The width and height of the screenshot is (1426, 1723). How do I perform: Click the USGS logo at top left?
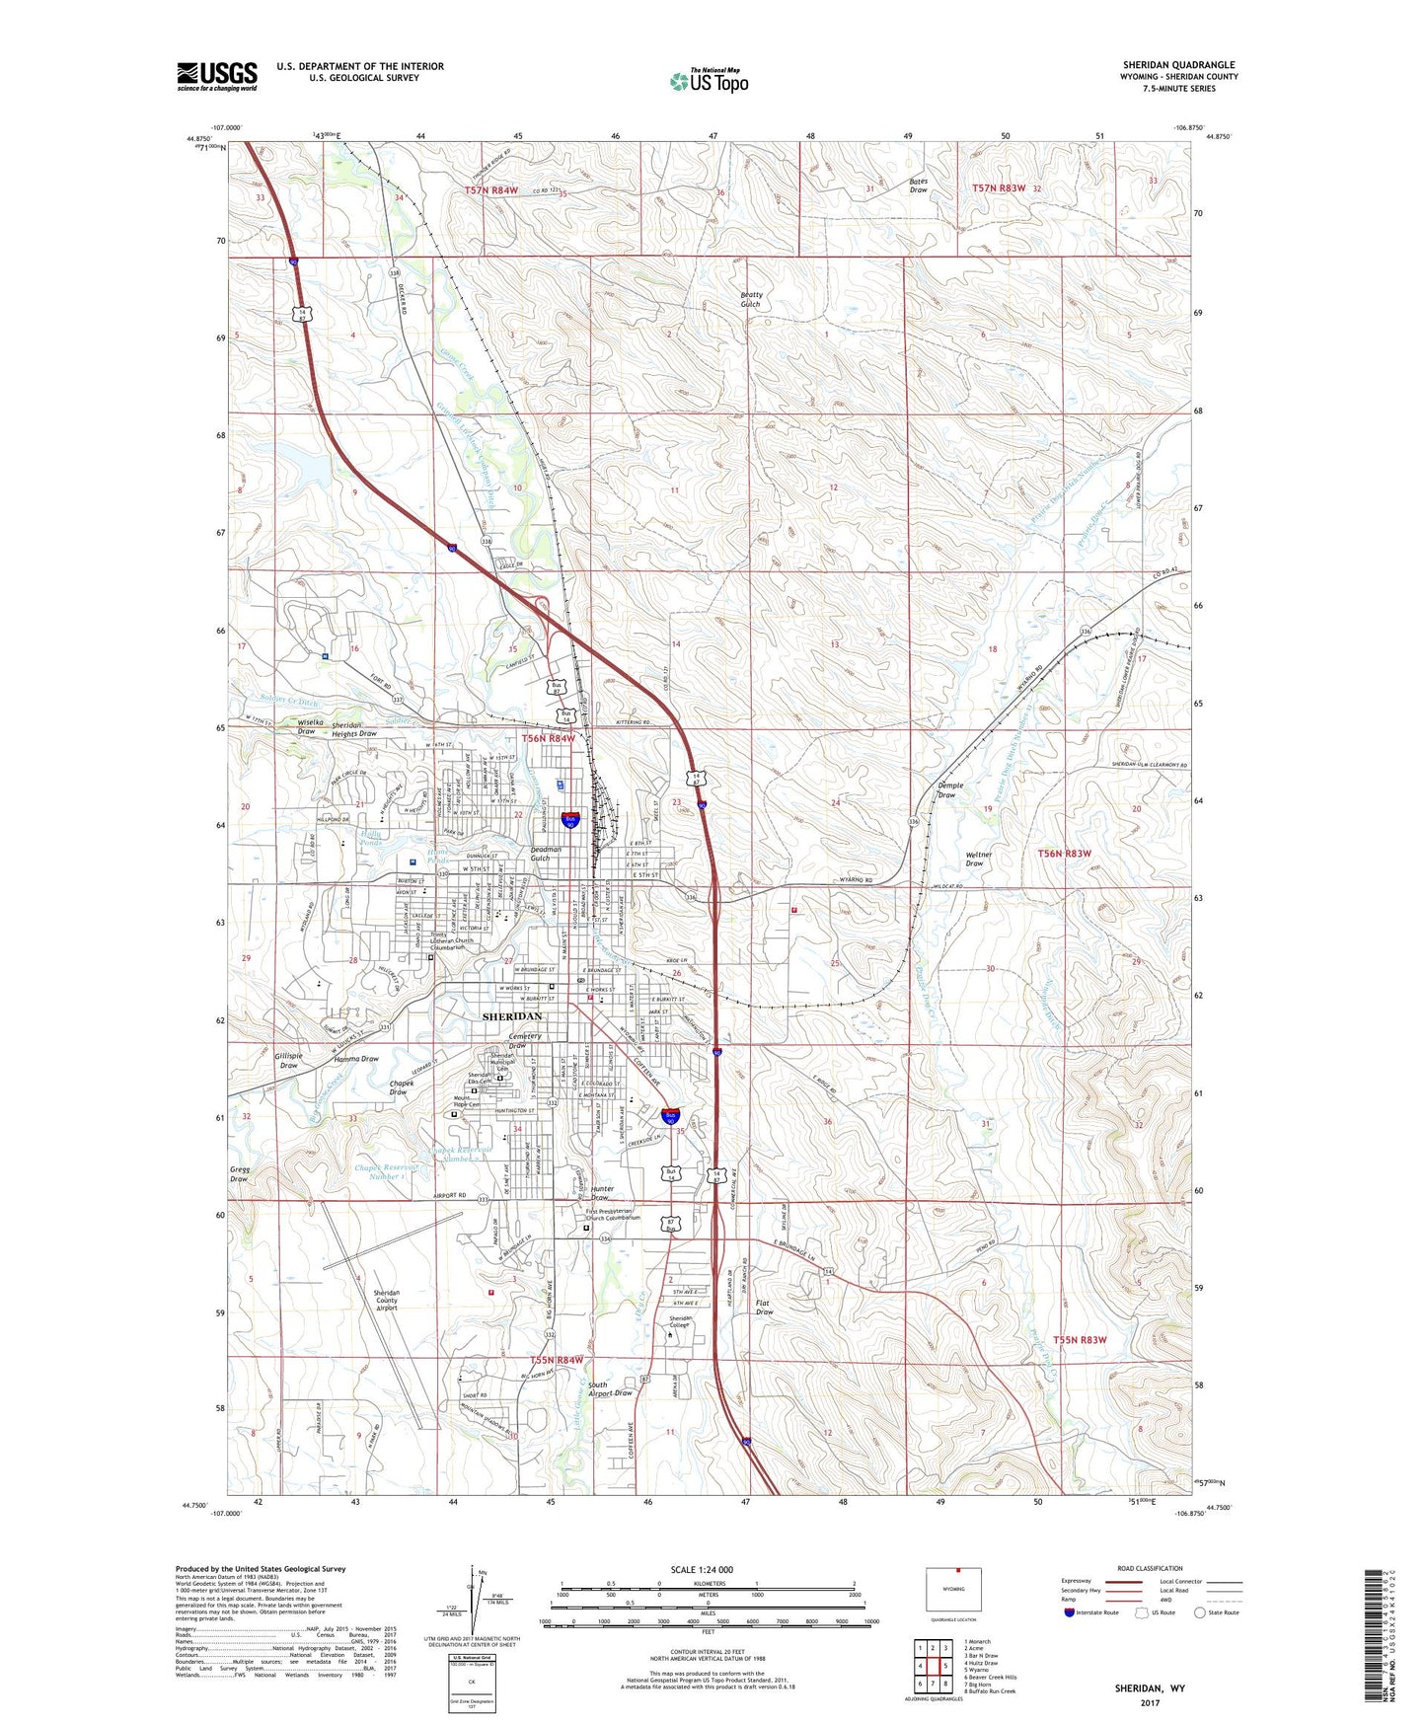click(217, 75)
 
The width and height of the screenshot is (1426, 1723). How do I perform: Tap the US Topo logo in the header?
click(709, 81)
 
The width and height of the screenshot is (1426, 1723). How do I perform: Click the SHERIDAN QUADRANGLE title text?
click(1178, 65)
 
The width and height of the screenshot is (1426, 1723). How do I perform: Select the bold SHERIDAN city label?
click(511, 1015)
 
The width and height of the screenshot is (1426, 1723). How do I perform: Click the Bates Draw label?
click(918, 186)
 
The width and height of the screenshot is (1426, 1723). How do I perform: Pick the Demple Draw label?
click(949, 790)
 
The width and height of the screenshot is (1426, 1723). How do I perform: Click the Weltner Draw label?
click(975, 860)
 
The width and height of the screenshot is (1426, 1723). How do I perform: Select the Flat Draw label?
click(764, 1308)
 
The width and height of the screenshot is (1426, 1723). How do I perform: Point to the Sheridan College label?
click(680, 1322)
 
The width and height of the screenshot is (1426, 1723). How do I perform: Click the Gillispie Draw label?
click(288, 1060)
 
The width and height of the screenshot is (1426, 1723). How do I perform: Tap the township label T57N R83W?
click(999, 187)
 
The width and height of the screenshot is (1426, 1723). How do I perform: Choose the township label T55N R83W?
click(1080, 1340)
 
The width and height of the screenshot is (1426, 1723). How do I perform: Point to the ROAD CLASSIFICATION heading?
click(1151, 1568)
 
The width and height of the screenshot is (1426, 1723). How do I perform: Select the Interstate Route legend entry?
click(1091, 1612)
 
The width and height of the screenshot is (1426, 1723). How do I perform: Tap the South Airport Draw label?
click(610, 1389)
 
